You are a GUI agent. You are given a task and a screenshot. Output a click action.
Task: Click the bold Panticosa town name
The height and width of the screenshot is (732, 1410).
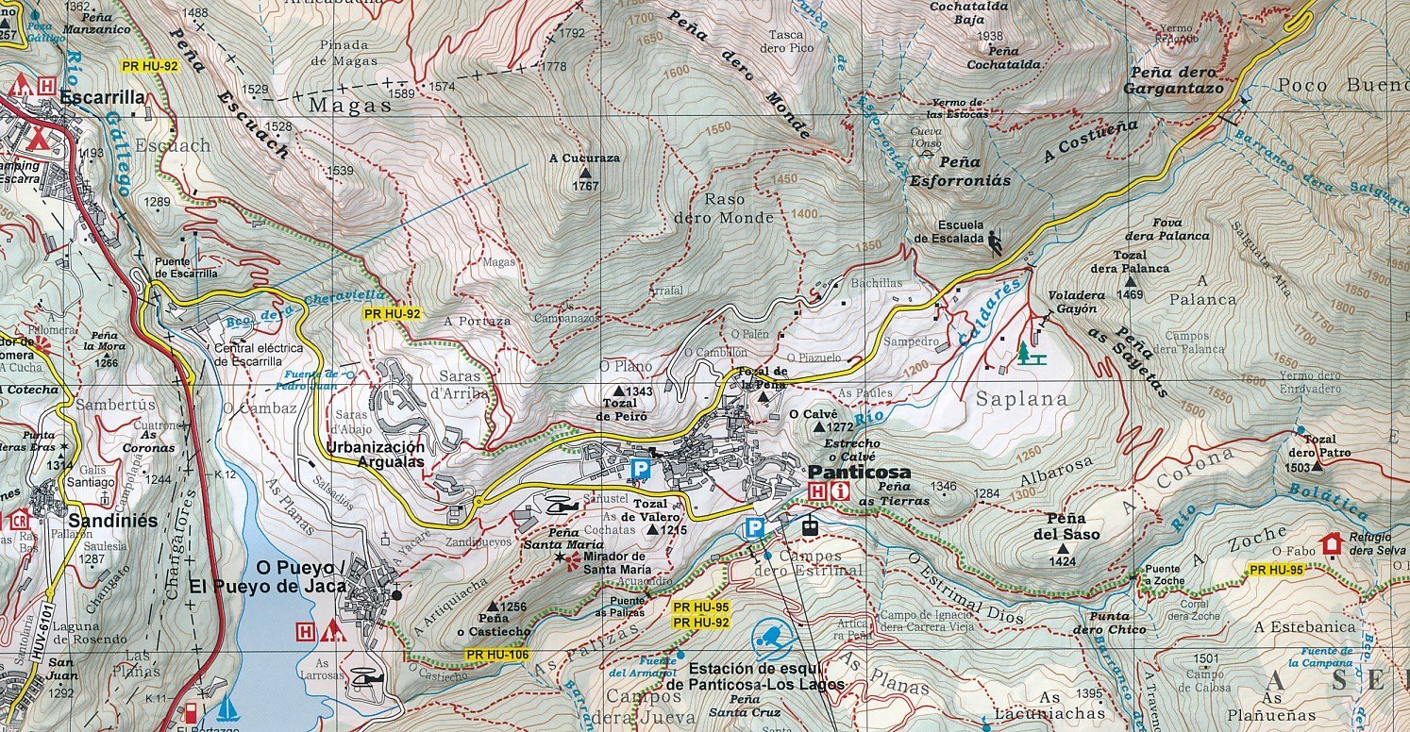pos(859,472)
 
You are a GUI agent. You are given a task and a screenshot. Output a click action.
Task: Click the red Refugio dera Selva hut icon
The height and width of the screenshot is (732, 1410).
pos(1332,543)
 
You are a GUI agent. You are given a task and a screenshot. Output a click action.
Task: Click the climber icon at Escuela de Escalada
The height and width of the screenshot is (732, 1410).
pos(996,241)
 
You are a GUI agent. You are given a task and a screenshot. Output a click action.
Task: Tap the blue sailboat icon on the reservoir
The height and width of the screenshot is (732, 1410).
pos(227,708)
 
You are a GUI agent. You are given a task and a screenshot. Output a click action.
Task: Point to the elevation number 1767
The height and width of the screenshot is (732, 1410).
pos(585,187)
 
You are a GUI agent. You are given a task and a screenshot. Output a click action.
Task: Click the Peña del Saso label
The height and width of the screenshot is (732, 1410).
pos(1065,525)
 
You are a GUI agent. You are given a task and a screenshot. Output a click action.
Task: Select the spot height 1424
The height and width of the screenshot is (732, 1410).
pos(1063,562)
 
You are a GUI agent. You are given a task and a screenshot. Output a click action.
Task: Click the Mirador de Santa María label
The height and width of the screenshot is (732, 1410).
pos(616,562)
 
